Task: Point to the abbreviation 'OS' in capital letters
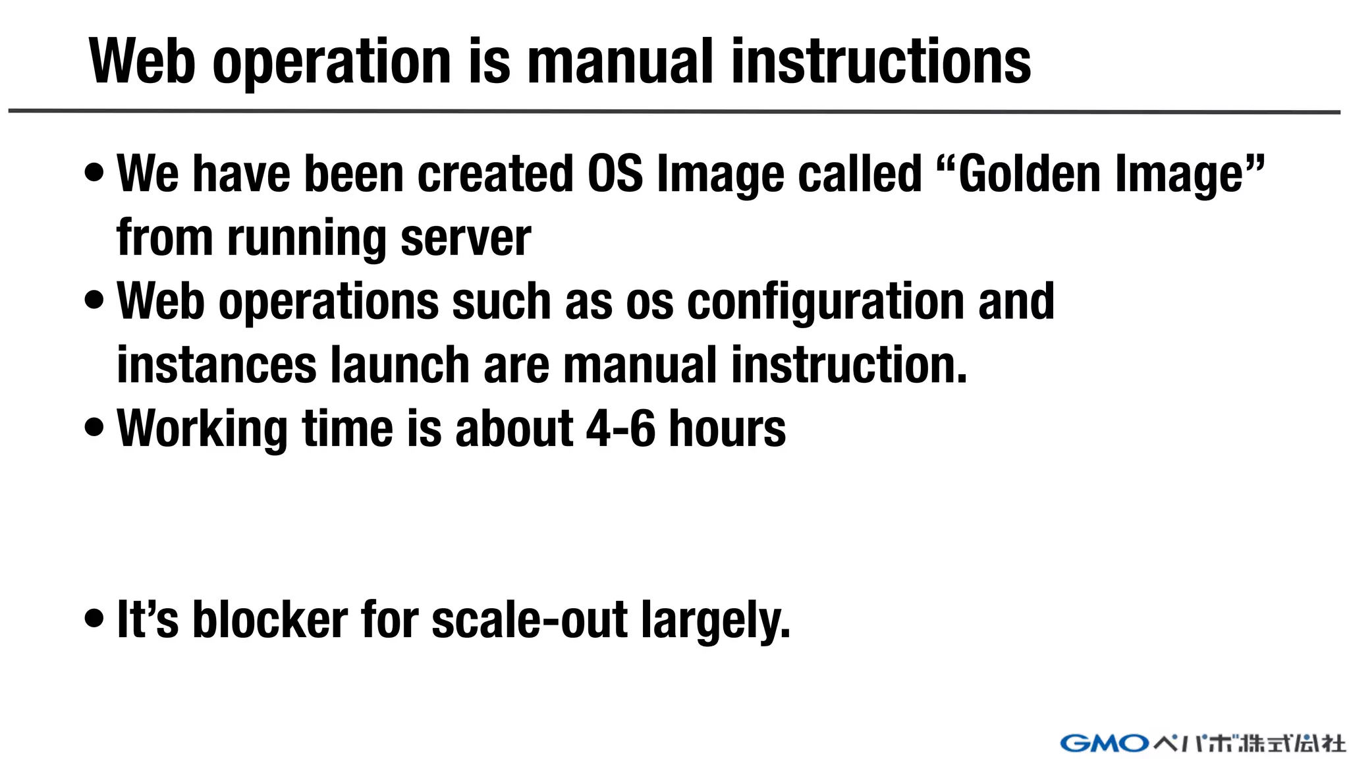click(615, 174)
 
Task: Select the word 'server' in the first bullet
click(465, 238)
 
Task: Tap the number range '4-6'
click(620, 429)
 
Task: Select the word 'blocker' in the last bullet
click(269, 620)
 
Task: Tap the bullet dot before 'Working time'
click(94, 426)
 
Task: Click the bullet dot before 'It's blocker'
click(94, 618)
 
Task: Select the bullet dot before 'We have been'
click(94, 172)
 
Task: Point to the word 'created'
click(495, 174)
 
